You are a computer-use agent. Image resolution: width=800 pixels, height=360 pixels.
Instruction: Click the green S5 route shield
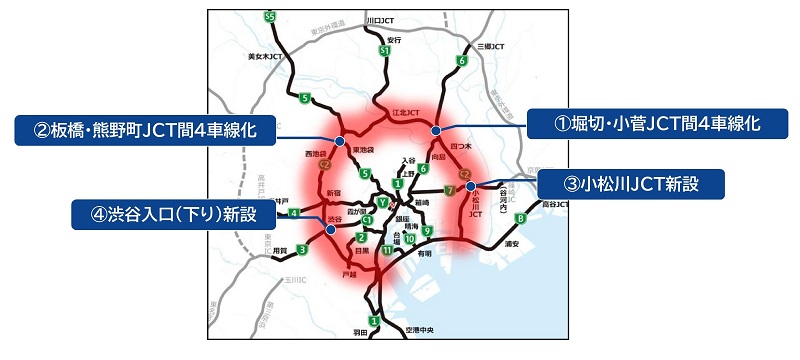click(x=270, y=17)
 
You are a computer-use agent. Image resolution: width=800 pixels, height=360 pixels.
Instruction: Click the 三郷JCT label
click(x=493, y=46)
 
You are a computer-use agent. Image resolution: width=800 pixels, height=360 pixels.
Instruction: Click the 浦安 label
click(x=514, y=242)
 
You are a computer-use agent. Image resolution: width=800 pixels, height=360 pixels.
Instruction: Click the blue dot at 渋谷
click(x=329, y=230)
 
